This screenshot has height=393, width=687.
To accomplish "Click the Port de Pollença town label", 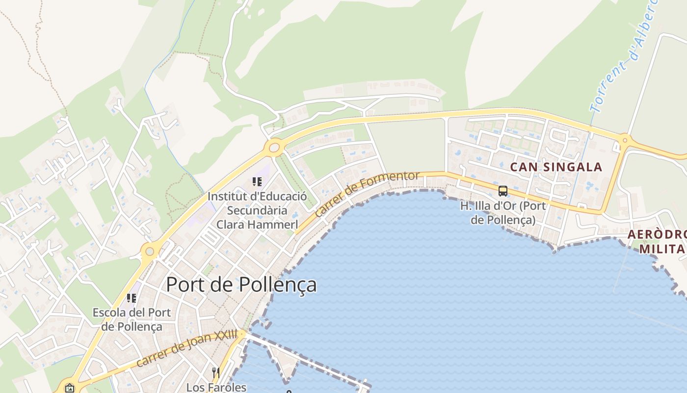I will pos(241,285).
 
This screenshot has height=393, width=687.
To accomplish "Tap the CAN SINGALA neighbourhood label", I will pos(556,167).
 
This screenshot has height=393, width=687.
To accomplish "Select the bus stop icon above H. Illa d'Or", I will pos(502,191).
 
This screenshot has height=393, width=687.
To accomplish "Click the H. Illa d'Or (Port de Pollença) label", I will pos(503,213).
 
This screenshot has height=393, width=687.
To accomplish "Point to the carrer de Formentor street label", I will pos(367,194).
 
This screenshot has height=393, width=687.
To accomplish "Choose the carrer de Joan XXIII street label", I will pos(186,349).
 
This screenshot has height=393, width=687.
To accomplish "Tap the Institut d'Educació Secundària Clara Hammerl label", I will pos(257,210).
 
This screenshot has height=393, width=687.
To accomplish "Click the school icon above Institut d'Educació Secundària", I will pos(257,182).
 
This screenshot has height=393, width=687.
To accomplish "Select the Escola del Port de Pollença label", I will pos(132,319).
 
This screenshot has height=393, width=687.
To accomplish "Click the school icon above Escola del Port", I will pos(131,298).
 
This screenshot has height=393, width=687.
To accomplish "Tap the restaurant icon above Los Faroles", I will pos(215,372).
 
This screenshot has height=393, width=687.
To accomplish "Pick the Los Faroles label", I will pos(216,387).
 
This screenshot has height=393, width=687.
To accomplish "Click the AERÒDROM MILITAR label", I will pos(658,241).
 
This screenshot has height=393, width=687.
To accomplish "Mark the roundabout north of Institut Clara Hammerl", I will pos(274,146).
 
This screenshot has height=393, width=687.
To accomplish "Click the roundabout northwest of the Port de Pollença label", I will pos(150,252).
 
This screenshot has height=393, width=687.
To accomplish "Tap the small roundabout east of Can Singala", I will pos(625,140).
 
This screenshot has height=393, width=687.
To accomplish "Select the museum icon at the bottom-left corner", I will pos(69,388).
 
